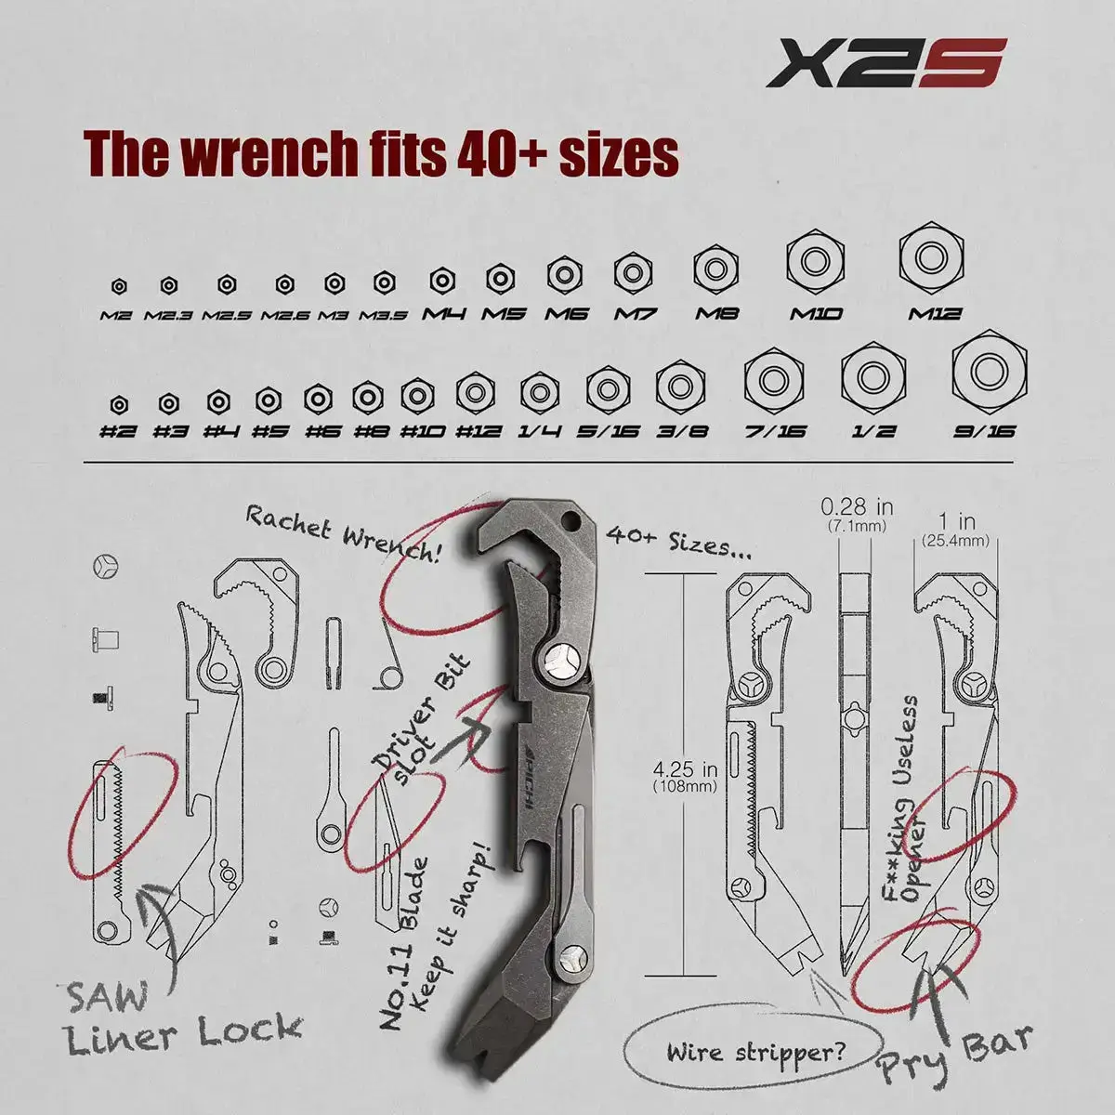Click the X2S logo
coord(886,62)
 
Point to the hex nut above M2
coord(118,285)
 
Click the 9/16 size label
coord(986,430)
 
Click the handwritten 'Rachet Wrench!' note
coord(341,531)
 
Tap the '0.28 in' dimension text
coord(857,507)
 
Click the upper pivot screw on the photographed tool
coord(563,661)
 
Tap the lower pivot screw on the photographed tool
coord(573,954)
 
